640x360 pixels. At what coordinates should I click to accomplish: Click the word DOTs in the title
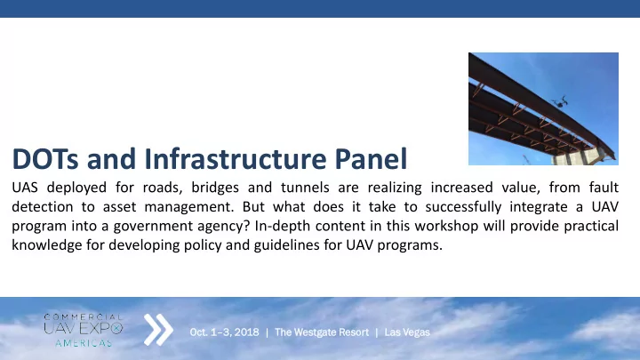click(45, 159)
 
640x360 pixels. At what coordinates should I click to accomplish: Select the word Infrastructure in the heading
click(236, 159)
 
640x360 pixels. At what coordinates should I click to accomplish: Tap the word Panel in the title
click(371, 158)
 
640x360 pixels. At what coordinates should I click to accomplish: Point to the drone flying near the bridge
click(559, 101)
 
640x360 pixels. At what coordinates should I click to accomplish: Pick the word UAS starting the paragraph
click(25, 188)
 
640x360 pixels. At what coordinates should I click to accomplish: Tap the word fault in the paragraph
click(604, 188)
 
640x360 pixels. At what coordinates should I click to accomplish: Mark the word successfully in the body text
click(463, 207)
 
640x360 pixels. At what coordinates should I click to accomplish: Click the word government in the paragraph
click(153, 226)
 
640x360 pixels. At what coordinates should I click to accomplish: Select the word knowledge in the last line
click(47, 245)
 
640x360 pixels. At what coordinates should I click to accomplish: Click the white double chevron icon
click(158, 330)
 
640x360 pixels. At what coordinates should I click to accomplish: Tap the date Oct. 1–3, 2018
click(224, 332)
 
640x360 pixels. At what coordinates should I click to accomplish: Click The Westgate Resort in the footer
click(322, 332)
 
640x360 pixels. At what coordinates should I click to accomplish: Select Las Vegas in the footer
click(407, 332)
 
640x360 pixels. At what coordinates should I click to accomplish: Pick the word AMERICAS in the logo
click(84, 344)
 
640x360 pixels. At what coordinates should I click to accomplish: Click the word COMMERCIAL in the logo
click(84, 317)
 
